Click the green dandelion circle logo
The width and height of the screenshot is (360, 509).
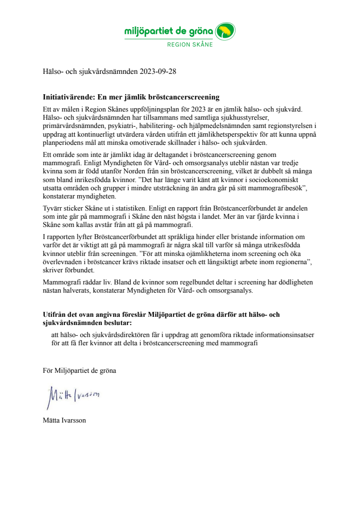[x=225, y=33]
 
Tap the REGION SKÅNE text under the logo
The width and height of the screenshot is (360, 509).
[x=190, y=44]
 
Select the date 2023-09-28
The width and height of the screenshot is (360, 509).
[x=158, y=73]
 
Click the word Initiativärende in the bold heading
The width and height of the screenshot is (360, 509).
[x=67, y=97]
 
